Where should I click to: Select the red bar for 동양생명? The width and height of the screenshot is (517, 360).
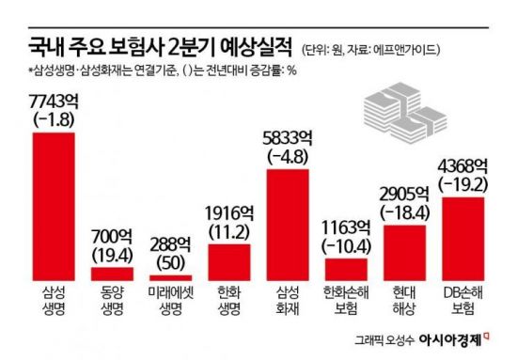[x=111, y=274]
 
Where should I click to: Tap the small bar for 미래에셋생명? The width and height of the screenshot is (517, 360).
[x=169, y=277]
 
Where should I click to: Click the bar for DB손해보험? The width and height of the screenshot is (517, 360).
[x=462, y=239]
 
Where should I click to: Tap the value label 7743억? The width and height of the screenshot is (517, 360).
[x=54, y=100]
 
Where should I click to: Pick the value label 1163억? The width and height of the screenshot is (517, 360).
[x=344, y=227]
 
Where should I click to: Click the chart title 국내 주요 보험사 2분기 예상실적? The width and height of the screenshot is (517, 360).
[x=154, y=47]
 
